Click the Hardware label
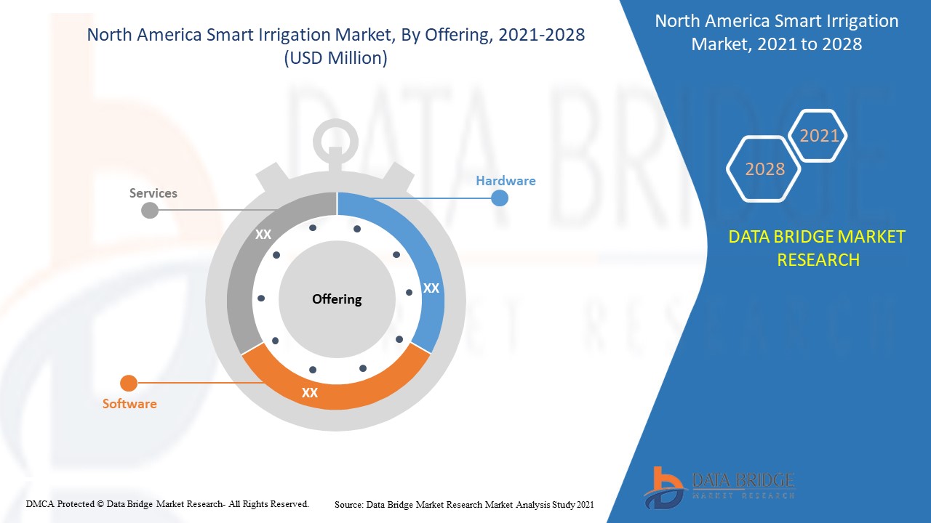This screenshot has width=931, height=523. (506, 181)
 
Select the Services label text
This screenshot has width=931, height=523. (153, 193)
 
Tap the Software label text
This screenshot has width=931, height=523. (129, 404)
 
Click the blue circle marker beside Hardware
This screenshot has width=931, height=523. (499, 198)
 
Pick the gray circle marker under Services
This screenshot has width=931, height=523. (149, 211)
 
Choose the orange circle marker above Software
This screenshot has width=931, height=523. (129, 383)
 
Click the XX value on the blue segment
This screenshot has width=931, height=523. (431, 288)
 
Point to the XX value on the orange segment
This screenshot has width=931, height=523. (310, 393)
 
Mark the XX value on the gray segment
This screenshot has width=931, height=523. (263, 235)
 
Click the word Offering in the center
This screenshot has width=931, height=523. (337, 299)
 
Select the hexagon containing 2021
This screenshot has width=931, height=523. (819, 136)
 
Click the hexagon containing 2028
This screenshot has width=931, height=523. (764, 169)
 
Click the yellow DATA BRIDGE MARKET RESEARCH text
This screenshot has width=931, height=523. (818, 248)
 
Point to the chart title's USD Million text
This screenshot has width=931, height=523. (335, 59)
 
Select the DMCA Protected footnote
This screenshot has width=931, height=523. (167, 503)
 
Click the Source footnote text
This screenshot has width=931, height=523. (464, 504)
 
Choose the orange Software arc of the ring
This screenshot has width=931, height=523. (335, 393)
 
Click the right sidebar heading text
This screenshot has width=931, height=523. (776, 33)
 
